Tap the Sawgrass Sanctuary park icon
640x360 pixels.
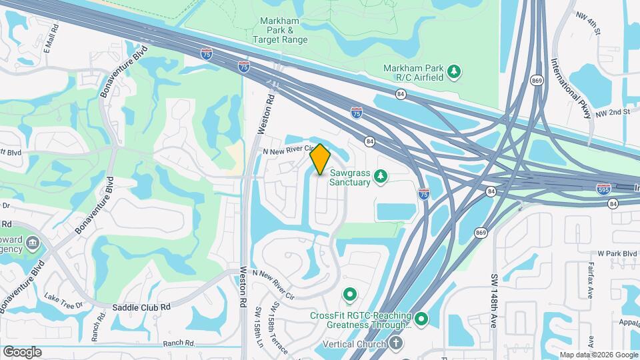pos(381,176)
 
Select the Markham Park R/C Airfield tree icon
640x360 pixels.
pos(454,71)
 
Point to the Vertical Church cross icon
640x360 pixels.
pos(397,343)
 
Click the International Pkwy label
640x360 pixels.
pos(571,90)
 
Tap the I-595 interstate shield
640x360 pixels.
pos(603,189)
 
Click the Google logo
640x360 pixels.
pos(22,351)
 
